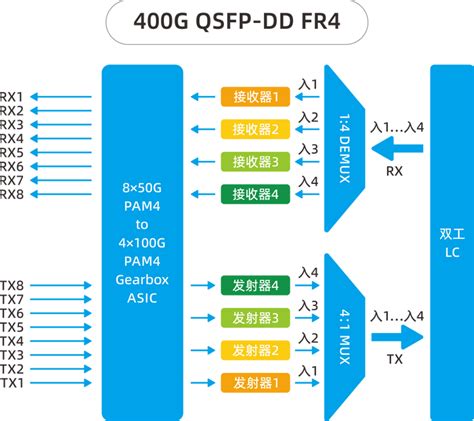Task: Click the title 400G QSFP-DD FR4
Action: (x=237, y=23)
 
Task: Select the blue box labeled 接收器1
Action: (x=255, y=97)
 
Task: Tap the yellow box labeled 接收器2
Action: (x=255, y=129)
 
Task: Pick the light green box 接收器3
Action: (x=255, y=161)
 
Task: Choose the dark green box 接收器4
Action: (x=255, y=193)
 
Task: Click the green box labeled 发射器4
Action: (x=255, y=286)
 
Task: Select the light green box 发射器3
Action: (x=255, y=318)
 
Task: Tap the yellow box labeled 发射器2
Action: (x=255, y=350)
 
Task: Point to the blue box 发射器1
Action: (x=255, y=382)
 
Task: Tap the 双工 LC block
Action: (x=451, y=240)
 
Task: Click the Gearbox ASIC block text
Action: (x=142, y=240)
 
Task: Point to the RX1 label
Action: (x=13, y=97)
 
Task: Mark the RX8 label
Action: (x=13, y=194)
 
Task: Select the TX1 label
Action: (x=13, y=383)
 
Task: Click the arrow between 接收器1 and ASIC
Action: (x=203, y=97)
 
